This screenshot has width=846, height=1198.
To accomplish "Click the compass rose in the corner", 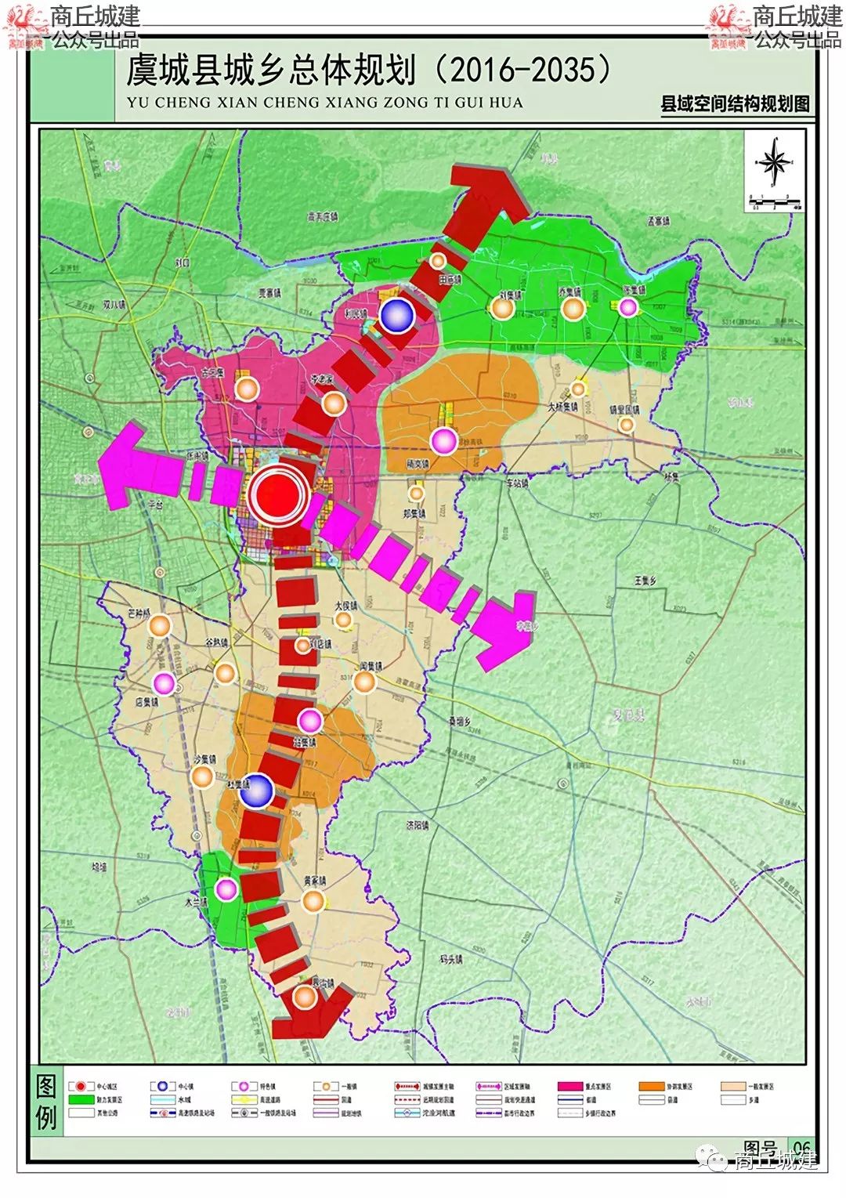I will [x=775, y=163].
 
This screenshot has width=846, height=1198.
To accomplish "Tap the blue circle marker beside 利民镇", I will [x=397, y=315].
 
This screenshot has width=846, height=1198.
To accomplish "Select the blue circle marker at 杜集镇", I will [x=256, y=791].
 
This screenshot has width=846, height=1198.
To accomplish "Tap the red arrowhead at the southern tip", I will [x=309, y=1018].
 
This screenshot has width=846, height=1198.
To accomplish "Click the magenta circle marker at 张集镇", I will [x=627, y=307].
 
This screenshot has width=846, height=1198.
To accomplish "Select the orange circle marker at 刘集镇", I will [x=503, y=309].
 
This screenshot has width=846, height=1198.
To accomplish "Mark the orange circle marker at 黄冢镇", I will [x=313, y=901].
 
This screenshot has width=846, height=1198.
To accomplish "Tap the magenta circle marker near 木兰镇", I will [x=226, y=889].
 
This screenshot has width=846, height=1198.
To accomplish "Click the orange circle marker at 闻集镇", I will [x=364, y=682].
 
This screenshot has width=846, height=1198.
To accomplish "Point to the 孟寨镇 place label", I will [x=659, y=222].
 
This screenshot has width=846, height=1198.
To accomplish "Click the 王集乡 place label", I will [x=645, y=581].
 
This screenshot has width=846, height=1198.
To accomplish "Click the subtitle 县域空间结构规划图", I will [x=735, y=104].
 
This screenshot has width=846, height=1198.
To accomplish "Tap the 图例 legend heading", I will [x=46, y=1102].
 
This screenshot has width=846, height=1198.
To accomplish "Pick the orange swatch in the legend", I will [x=651, y=1087].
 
